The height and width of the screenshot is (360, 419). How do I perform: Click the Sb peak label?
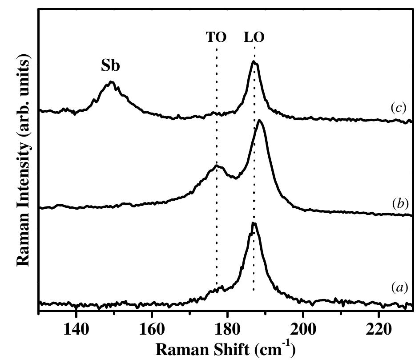[x=111, y=65]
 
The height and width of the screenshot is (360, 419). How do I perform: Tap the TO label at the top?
[x=216, y=37]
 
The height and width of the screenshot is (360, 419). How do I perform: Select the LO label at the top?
[x=254, y=37]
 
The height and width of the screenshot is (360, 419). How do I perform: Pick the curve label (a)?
[x=399, y=288]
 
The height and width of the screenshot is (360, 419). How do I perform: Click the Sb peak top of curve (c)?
[x=111, y=82]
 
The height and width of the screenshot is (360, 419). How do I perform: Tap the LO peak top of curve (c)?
[x=254, y=62]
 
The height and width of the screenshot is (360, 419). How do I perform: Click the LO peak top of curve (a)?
[x=254, y=223]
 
